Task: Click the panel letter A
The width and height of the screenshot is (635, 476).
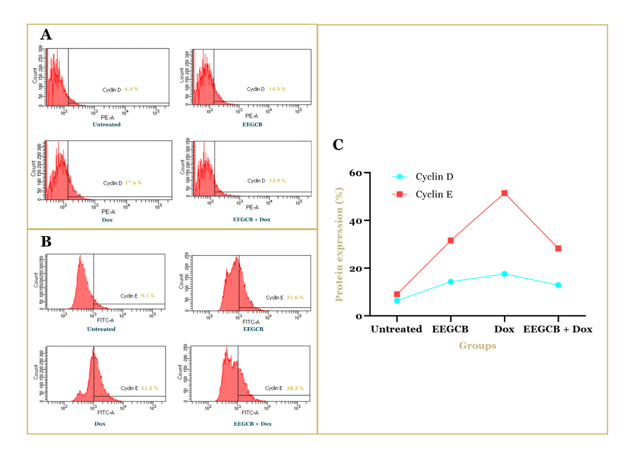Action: coord(46,34)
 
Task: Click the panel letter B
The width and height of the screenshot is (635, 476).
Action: coord(46,241)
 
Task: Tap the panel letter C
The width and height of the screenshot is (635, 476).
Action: coord(338,145)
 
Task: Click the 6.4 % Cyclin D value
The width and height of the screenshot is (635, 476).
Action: coord(131,89)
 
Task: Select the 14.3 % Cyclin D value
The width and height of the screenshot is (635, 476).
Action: coord(277,89)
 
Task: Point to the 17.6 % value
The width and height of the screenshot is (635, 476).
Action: coord(133,183)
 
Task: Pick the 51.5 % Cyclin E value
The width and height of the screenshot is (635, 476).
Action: coord(149,388)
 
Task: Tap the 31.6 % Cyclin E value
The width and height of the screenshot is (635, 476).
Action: coord(295,297)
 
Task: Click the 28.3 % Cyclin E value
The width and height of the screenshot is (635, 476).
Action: coord(295,388)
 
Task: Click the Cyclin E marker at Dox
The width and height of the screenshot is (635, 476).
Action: coord(504,193)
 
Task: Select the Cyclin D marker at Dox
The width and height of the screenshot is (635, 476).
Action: coord(504,274)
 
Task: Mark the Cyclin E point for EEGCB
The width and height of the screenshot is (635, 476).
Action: coord(451,241)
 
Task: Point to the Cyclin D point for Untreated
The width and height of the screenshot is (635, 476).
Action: coord(397,301)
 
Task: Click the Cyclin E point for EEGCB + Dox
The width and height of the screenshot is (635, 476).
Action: coord(558,248)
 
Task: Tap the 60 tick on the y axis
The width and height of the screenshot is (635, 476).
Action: coord(355,173)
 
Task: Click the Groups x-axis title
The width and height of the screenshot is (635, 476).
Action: coord(477,345)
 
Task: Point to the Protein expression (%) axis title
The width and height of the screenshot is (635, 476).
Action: coord(339,245)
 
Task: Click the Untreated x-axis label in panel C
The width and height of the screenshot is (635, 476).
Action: coord(396,329)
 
